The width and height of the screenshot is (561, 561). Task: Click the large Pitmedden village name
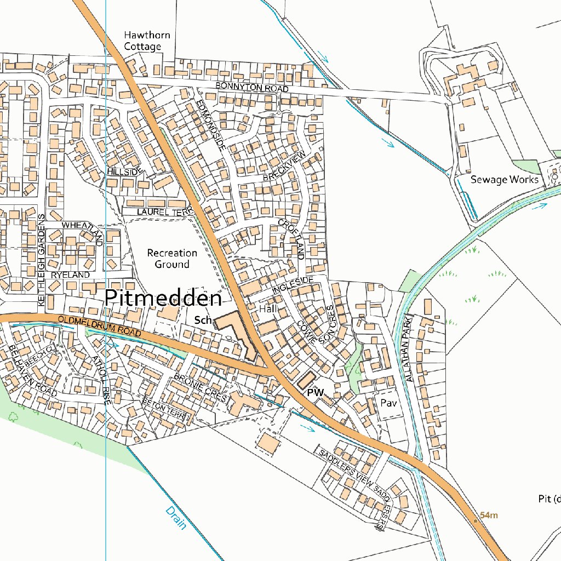[x=163, y=298]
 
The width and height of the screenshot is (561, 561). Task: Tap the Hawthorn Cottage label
[x=146, y=41]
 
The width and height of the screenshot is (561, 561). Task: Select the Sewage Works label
[x=504, y=180]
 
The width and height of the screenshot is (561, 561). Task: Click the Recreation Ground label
[x=172, y=259]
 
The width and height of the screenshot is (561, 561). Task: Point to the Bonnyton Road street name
[x=251, y=88]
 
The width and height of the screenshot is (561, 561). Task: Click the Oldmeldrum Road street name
[x=101, y=326]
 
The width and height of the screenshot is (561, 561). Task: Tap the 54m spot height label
[x=489, y=515]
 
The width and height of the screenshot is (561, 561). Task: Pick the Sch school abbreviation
[x=203, y=319]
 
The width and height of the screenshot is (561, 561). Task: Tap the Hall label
[x=268, y=309]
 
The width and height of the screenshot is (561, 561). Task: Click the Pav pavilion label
[x=388, y=403]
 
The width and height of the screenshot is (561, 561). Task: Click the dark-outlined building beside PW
[x=307, y=380]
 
